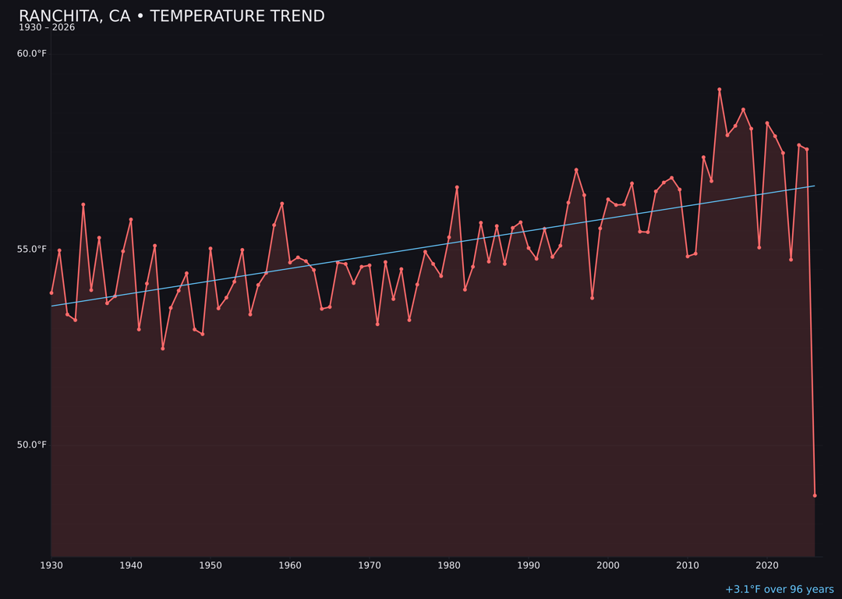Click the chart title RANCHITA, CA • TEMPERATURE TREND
click(x=172, y=16)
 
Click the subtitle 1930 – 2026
click(x=47, y=28)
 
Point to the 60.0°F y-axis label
click(x=32, y=54)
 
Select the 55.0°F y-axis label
click(x=32, y=250)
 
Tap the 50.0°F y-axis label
click(x=32, y=445)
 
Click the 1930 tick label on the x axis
click(x=51, y=565)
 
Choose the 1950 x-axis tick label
click(x=210, y=565)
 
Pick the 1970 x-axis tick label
click(x=370, y=565)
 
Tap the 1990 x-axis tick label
click(x=529, y=565)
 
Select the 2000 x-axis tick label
click(x=608, y=565)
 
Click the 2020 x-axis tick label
click(x=767, y=565)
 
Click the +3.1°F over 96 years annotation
click(x=779, y=590)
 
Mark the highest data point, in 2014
click(x=720, y=90)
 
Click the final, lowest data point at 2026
click(x=815, y=495)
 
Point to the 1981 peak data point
click(x=457, y=187)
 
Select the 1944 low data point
click(x=163, y=349)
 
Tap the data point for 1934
click(x=83, y=204)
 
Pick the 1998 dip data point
click(x=593, y=298)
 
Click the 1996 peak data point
click(x=576, y=170)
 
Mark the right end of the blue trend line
click(x=815, y=186)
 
